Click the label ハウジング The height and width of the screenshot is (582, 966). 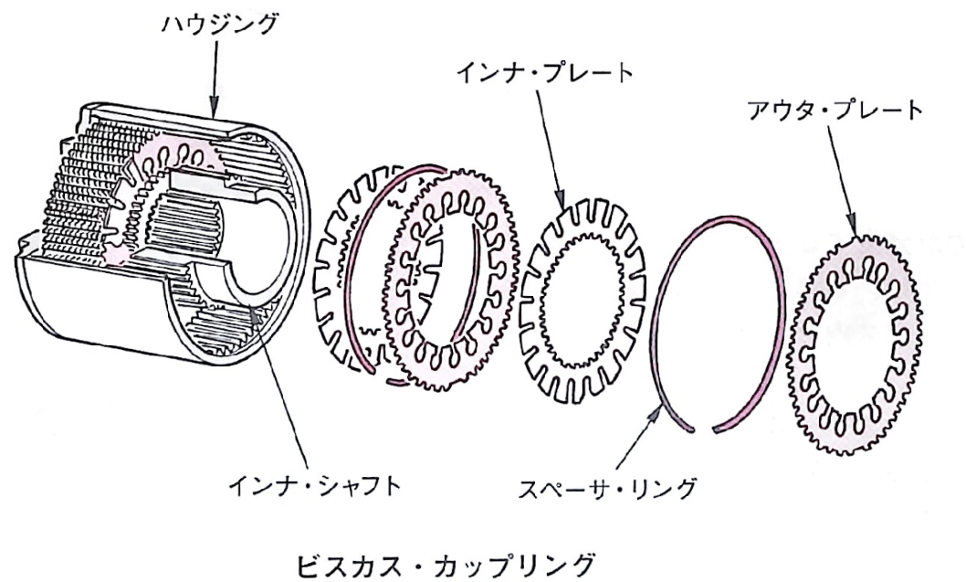coord(219,26)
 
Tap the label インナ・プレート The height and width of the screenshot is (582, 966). coord(544,73)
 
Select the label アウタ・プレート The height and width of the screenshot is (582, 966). coord(835,111)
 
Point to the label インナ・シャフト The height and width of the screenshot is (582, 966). coord(314,485)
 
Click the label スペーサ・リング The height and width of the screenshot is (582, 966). coord(607,488)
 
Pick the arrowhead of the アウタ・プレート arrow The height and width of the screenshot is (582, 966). coord(853,226)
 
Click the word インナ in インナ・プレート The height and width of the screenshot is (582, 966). coord(488,73)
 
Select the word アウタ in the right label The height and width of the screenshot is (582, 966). coord(778,111)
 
